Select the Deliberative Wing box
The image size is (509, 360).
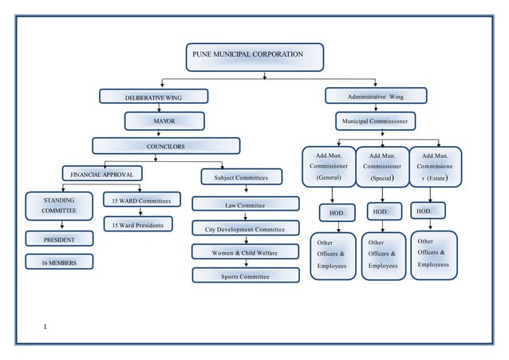[x=153, y=97]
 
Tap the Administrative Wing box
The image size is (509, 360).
[x=375, y=97]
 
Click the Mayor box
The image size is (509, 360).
[x=164, y=121]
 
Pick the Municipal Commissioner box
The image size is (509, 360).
[x=375, y=121]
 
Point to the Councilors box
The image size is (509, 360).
[x=165, y=146]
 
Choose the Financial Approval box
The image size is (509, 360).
[x=103, y=173]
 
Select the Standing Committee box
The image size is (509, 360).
[x=59, y=205]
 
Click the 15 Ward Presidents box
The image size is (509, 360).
[x=137, y=225]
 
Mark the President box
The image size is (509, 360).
[x=59, y=239]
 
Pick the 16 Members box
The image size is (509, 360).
[x=59, y=261]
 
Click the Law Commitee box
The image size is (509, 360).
[x=245, y=204]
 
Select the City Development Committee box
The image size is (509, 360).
[x=245, y=229]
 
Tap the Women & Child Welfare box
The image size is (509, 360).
[x=245, y=252]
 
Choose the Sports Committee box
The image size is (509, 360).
[x=245, y=276]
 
